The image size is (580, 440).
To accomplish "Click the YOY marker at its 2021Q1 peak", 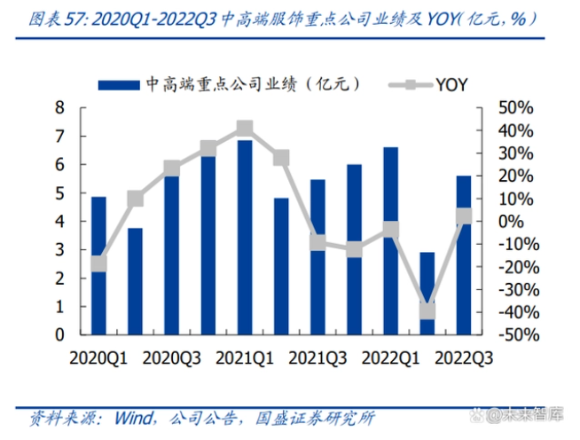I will click(x=245, y=130).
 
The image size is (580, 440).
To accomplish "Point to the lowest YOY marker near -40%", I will click(x=427, y=310).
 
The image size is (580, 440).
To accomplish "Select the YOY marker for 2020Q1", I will click(x=98, y=263).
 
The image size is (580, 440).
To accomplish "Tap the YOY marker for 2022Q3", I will click(x=464, y=216).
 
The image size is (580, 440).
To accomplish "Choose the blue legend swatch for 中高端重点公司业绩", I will click(x=119, y=84).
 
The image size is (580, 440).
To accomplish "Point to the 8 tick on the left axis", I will click(x=60, y=108).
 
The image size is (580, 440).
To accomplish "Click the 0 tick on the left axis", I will click(x=60, y=335).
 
